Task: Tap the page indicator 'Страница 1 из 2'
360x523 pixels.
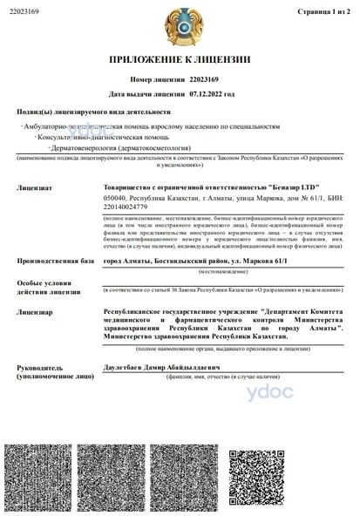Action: click(323, 10)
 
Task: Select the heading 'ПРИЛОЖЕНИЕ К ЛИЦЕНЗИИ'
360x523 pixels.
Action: click(180, 60)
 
